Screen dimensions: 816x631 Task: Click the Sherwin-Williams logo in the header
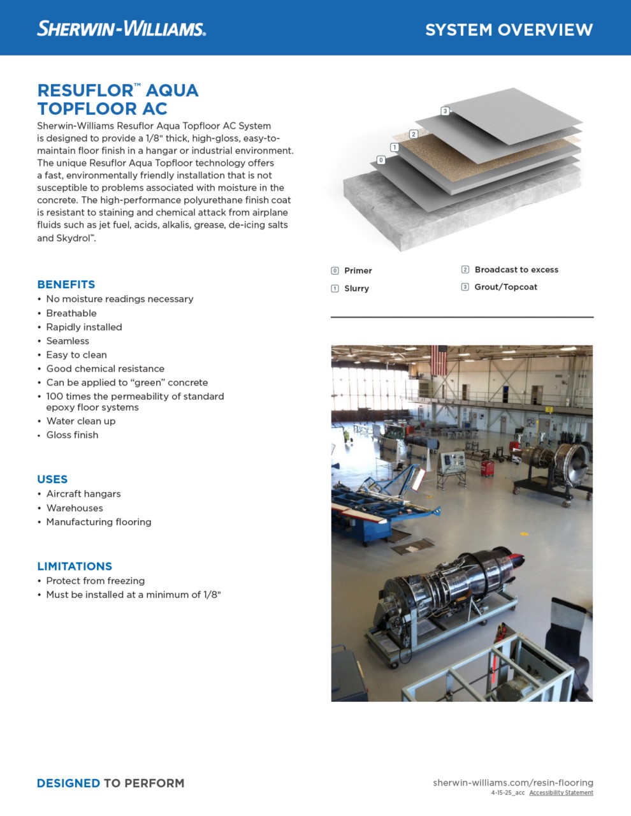click(x=121, y=29)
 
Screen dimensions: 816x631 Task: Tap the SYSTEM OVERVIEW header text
click(x=509, y=30)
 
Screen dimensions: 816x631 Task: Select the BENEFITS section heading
click(x=66, y=284)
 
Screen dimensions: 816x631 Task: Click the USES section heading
click(x=52, y=479)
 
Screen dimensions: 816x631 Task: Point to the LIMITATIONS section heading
click(x=75, y=566)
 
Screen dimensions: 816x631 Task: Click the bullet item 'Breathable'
click(x=71, y=313)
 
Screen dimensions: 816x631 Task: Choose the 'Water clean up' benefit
click(x=81, y=421)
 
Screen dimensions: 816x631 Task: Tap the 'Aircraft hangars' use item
click(x=83, y=493)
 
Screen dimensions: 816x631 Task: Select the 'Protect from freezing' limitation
click(x=96, y=581)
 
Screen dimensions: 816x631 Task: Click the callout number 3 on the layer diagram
click(x=446, y=111)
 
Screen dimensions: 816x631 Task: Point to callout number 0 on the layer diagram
click(x=381, y=160)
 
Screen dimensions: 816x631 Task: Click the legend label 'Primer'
click(x=358, y=270)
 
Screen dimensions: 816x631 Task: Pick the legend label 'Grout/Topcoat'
click(x=506, y=287)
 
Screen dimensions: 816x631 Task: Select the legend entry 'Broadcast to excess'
click(x=516, y=270)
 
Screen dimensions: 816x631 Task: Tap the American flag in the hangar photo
click(x=440, y=360)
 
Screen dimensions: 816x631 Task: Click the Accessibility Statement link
click(x=561, y=793)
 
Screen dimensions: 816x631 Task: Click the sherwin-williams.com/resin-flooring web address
click(x=513, y=782)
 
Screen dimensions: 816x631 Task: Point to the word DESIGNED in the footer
click(x=68, y=783)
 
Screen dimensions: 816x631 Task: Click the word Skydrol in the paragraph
click(x=75, y=238)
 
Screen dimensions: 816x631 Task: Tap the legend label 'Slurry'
click(x=356, y=288)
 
